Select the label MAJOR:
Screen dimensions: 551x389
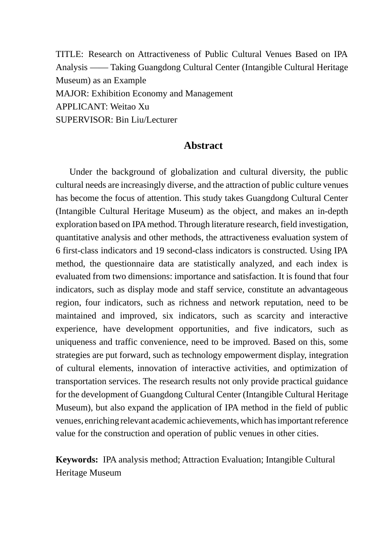tap(72, 93)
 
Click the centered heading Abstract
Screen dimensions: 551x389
tap(203, 146)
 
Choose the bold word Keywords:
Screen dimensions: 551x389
tap(77, 460)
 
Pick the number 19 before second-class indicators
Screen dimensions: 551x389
tap(160, 250)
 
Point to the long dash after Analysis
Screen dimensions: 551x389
tap(99, 67)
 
